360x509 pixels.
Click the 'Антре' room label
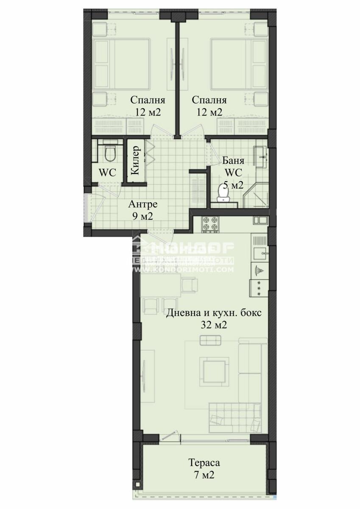(143, 204)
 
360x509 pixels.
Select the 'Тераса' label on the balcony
(204, 463)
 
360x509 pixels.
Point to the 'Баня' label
(233, 161)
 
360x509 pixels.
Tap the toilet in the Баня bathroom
(223, 193)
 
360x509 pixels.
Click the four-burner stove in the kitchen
(210, 225)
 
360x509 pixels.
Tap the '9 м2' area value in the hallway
(142, 216)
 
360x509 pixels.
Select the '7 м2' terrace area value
(204, 475)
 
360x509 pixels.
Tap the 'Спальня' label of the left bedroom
(148, 101)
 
